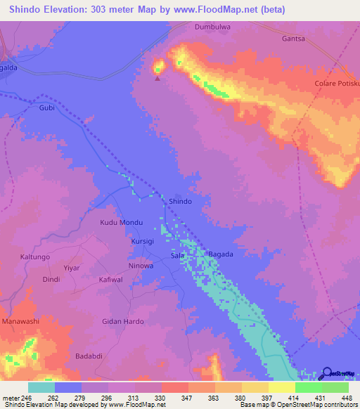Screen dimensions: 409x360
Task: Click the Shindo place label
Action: pyautogui.click(x=180, y=201)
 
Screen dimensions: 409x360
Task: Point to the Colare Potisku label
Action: pyautogui.click(x=336, y=83)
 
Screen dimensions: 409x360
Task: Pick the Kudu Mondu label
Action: pyautogui.click(x=122, y=222)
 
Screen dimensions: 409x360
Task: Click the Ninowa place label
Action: pyautogui.click(x=141, y=266)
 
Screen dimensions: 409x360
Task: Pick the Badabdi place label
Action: pyautogui.click(x=90, y=356)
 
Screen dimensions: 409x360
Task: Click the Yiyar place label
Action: pyautogui.click(x=72, y=268)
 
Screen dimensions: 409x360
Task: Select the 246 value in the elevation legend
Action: pyautogui.click(x=26, y=397)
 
